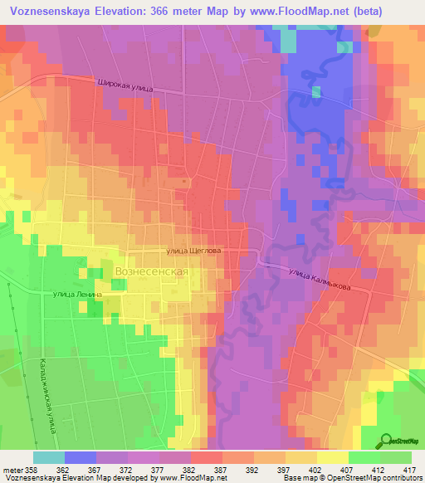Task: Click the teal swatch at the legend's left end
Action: (48, 457)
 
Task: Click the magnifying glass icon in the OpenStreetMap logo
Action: (387, 439)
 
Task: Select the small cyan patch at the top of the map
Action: (287, 39)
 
